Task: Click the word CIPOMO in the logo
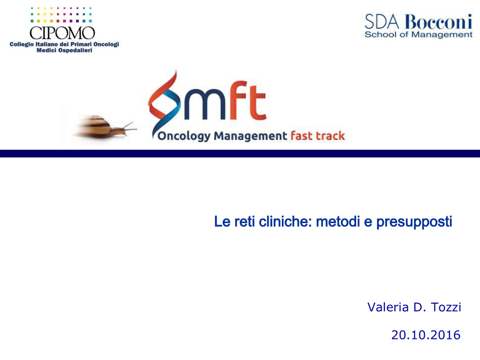[62, 33]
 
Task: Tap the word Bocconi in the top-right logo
[438, 22]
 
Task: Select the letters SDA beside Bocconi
[382, 22]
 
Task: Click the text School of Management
[419, 35]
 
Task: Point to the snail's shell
[95, 126]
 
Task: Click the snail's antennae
[128, 127]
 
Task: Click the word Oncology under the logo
[184, 136]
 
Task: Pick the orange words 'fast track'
[317, 135]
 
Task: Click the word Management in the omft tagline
[250, 135]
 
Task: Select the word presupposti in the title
[414, 222]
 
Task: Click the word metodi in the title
[337, 221]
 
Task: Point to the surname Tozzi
[446, 307]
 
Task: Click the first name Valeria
[388, 307]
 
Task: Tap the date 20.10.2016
[426, 335]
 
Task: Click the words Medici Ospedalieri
[64, 50]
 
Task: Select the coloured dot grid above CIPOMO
[61, 15]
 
